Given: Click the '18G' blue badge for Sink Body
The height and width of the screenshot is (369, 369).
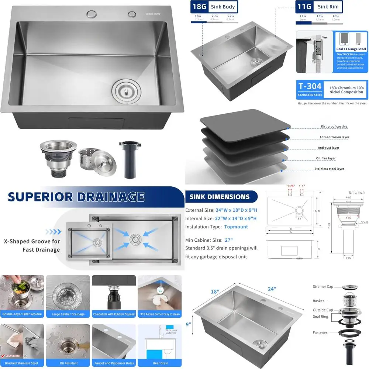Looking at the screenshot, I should pos(199,7).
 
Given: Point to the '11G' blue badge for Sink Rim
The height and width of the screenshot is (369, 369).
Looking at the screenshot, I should pos(304,7).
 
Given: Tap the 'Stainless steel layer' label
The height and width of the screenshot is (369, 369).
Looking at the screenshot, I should pos(329,169).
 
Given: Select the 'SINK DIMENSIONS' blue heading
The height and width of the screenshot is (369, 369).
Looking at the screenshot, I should pos(220,197).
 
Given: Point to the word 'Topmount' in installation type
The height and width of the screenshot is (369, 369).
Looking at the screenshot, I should pos(236,227).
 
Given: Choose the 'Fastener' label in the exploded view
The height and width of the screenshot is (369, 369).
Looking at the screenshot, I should pos(320,333).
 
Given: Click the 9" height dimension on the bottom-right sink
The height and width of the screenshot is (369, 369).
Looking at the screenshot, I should pos(189,325).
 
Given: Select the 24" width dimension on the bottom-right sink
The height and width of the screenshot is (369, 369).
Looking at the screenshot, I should pos(272,289).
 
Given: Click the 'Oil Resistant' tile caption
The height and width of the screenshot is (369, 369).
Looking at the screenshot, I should pos(69,363).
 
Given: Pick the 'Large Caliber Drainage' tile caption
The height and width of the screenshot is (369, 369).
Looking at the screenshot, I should pos(69,314).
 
